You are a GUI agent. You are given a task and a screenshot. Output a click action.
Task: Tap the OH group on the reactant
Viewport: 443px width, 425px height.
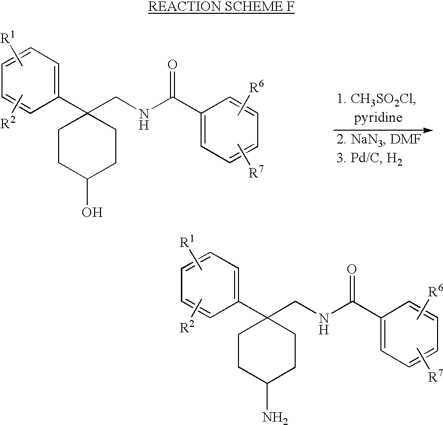93,213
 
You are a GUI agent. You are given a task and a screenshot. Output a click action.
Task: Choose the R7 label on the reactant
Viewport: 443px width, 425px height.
254,172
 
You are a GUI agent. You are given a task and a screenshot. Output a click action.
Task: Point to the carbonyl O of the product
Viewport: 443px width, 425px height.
352,269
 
